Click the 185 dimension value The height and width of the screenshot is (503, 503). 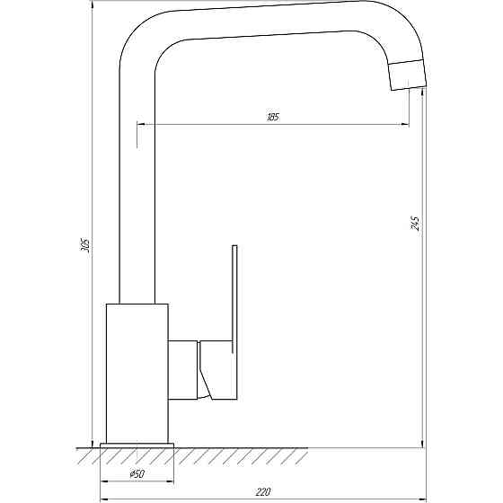pyautogui.click(x=273, y=119)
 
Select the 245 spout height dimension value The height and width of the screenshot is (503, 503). pyautogui.click(x=414, y=223)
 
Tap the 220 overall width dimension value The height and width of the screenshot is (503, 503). pyautogui.click(x=263, y=491)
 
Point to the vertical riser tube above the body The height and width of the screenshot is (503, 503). pyautogui.click(x=137, y=180)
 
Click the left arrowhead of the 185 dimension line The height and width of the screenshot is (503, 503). pyautogui.click(x=141, y=125)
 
